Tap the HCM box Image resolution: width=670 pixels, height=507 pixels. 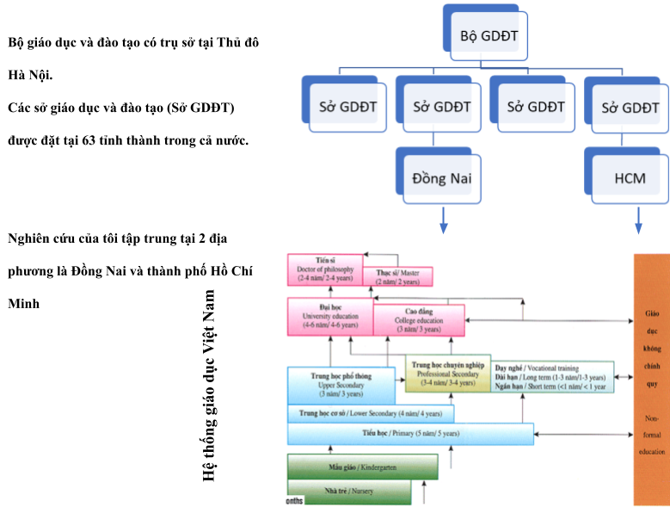coord(630,180)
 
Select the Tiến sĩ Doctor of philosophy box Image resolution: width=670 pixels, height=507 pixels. coord(325,269)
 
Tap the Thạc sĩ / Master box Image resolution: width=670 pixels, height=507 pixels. coord(397,276)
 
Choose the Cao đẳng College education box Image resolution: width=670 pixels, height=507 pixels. coord(418,320)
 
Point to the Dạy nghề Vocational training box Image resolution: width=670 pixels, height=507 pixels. coord(553,376)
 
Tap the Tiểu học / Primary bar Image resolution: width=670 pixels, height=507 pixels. coord(409,433)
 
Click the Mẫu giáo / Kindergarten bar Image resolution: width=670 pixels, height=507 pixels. coord(362,467)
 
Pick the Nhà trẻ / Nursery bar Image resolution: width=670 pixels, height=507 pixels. coord(348,492)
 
